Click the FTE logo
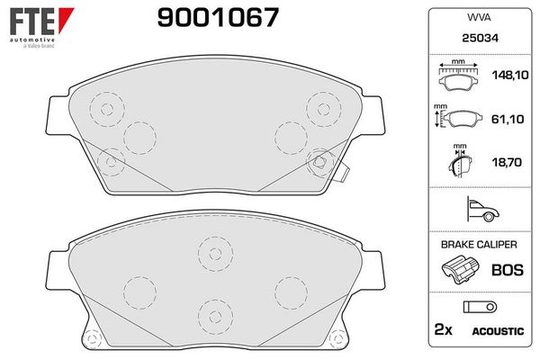point(33,21)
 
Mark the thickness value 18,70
point(502,162)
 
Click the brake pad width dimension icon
point(458,76)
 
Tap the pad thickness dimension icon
point(460,162)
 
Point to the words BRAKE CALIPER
point(477,244)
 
